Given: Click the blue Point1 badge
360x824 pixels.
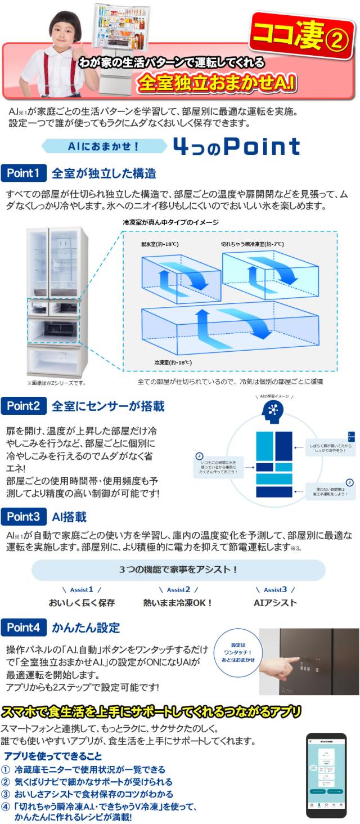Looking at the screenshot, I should click(24, 173).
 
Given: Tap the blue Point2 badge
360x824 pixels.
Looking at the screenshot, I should click(24, 405).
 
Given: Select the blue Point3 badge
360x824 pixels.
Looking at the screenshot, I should click(24, 516).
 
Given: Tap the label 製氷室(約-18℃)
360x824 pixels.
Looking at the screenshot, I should click(160, 244).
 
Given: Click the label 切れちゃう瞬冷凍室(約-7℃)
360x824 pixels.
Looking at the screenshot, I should click(253, 244).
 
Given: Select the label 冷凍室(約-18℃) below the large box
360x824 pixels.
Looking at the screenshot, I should click(170, 362).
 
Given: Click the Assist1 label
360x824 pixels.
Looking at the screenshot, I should click(82, 589).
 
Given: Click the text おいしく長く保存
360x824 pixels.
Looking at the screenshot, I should click(82, 603).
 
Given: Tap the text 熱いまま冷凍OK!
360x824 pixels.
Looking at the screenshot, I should click(178, 603).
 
